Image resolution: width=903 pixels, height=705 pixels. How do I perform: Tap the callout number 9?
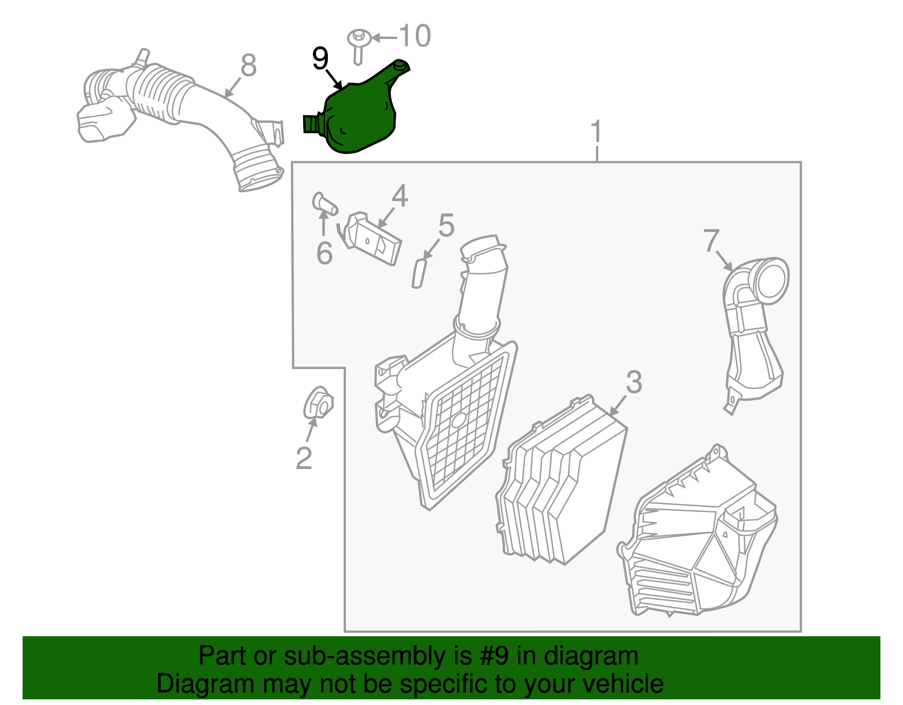tap(320, 59)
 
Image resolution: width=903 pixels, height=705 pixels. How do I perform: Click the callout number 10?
tap(415, 37)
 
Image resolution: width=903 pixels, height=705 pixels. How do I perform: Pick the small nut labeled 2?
tap(318, 402)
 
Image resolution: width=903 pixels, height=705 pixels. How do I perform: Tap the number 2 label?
tap(304, 458)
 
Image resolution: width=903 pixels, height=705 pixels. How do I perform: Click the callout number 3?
tap(634, 383)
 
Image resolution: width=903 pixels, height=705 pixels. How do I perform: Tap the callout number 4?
tap(400, 196)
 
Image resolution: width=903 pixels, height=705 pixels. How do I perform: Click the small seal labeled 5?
tap(418, 273)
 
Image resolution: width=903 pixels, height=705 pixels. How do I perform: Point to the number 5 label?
tap(446, 226)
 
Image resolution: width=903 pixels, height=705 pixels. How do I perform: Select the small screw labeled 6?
tap(323, 204)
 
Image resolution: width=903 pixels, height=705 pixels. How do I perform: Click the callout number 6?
tap(324, 253)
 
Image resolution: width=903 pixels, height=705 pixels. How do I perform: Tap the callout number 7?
tap(712, 240)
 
